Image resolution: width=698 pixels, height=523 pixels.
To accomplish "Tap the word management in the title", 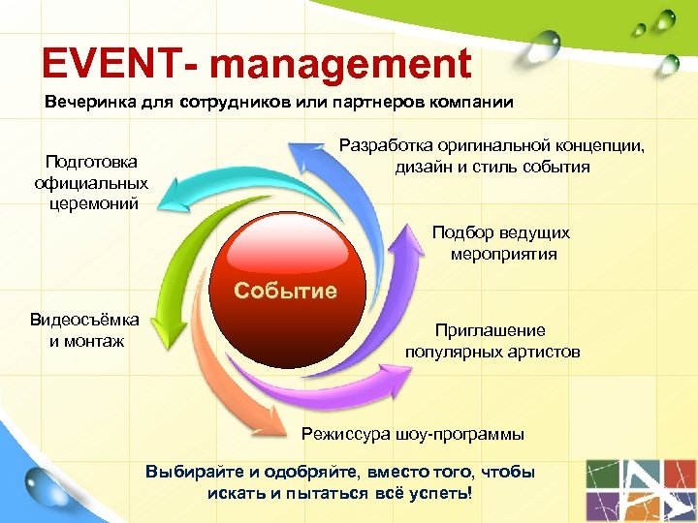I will tap(340, 65).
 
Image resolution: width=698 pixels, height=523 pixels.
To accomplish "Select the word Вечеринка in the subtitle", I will tap(87, 102).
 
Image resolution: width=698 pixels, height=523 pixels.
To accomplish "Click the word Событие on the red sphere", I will tap(286, 291).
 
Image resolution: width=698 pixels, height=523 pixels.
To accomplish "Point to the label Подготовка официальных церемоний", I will tap(91, 182).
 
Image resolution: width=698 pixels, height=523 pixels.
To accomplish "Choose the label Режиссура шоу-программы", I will tap(413, 433).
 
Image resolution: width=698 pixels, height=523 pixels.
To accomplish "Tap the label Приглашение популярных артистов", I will tap(492, 341).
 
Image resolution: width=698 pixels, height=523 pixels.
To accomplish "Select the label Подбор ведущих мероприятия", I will tap(501, 243).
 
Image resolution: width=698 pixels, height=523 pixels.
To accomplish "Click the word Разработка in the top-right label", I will tap(387, 146).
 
